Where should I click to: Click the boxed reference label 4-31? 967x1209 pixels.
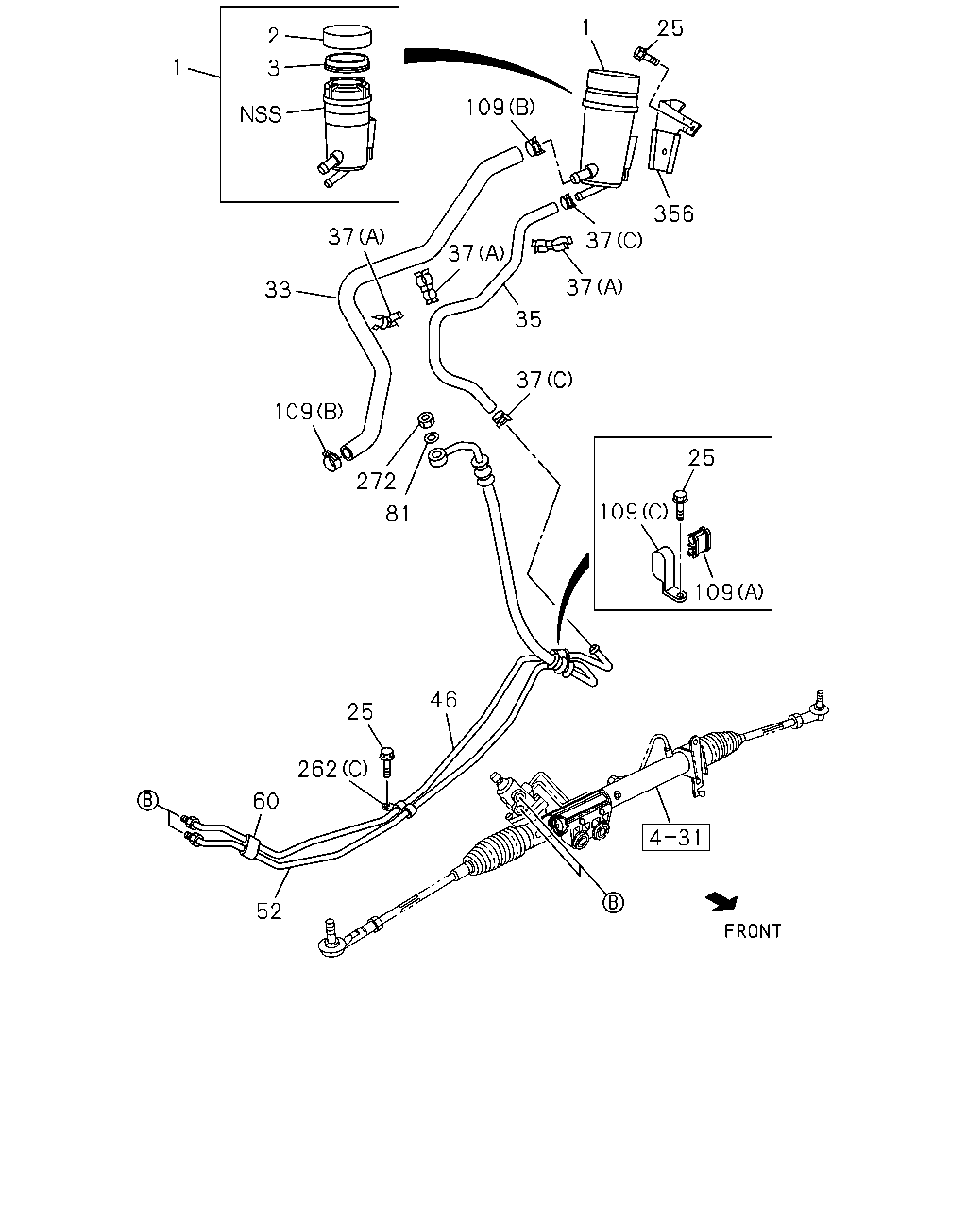point(675,838)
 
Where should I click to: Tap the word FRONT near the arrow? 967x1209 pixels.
point(753,931)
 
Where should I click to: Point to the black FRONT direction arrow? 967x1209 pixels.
point(722,901)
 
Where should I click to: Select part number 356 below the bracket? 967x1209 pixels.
point(673,213)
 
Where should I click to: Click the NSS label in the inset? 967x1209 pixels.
point(260,114)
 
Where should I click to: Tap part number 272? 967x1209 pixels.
point(376,481)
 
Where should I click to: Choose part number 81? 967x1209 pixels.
point(398,514)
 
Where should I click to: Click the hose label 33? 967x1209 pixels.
point(278,290)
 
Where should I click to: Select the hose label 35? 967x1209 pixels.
point(528,319)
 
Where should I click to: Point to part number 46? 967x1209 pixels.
point(443,700)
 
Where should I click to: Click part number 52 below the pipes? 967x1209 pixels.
point(268,911)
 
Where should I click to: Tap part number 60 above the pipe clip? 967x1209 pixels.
point(265,801)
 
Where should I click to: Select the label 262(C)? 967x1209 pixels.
point(332,769)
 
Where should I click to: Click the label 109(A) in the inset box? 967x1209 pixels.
point(729,591)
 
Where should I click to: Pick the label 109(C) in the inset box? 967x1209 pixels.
point(634,512)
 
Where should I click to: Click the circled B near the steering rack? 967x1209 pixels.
point(613,902)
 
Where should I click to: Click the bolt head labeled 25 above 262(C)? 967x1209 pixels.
point(387,754)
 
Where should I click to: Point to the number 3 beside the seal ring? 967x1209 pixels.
point(273,68)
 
